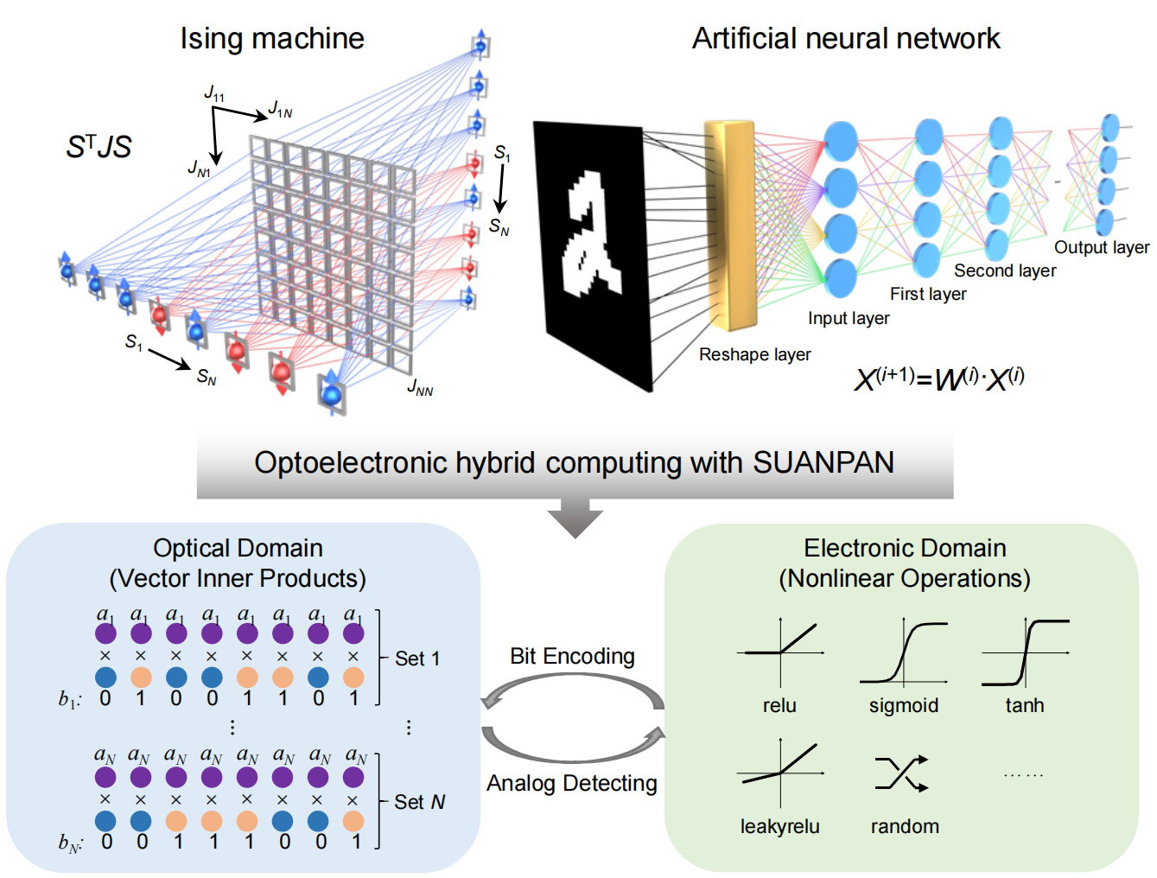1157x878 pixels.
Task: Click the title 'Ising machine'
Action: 271,39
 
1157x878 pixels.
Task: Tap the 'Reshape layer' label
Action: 754,354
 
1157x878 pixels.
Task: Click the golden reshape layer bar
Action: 730,225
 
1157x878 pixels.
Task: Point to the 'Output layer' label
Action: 1101,248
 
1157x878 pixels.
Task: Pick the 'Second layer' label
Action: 1004,271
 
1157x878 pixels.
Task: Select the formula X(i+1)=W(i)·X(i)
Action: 938,379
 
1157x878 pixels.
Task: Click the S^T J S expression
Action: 99,147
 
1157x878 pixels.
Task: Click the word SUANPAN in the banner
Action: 823,463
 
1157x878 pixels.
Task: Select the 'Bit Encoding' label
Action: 572,657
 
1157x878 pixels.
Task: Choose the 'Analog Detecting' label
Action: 572,784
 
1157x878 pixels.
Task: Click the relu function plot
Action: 780,652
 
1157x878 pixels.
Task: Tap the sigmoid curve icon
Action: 904,652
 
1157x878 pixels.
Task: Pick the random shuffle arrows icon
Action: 902,773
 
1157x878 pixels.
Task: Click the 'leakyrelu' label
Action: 779,827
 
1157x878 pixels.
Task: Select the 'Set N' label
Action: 420,803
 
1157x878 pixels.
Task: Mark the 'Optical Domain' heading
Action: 238,549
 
